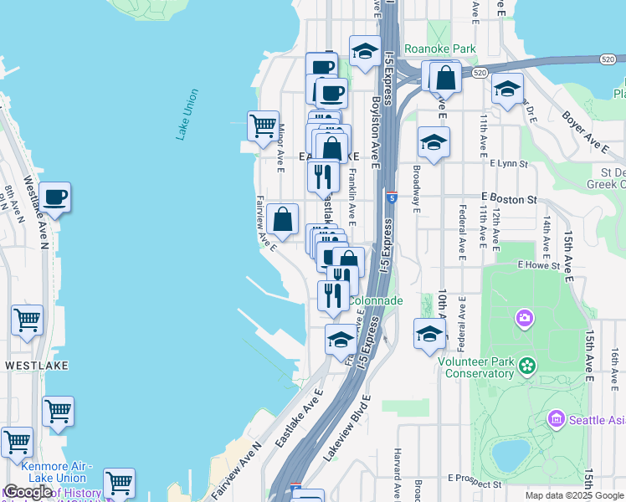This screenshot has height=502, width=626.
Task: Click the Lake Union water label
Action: tap(187, 114)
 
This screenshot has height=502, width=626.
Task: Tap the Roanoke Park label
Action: tap(439, 49)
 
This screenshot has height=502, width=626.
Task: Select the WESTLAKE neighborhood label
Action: tap(36, 366)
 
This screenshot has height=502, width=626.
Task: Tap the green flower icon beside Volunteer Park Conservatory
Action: tap(526, 365)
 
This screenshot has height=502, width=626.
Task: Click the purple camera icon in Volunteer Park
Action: tap(525, 318)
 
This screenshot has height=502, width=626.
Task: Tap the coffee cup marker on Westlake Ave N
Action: tap(55, 197)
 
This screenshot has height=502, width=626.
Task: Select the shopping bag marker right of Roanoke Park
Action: tap(447, 77)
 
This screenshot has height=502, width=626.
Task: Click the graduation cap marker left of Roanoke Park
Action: tap(365, 51)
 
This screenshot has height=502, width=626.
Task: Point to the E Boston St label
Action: tap(508, 199)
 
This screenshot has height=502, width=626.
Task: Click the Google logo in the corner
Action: tap(27, 492)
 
